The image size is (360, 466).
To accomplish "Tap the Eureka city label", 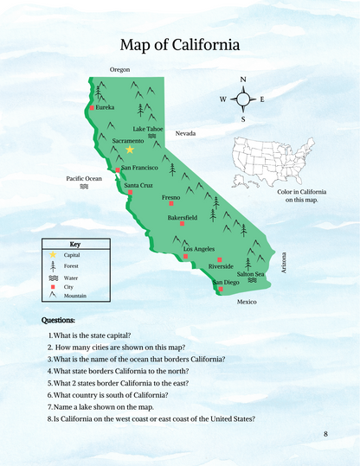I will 105,107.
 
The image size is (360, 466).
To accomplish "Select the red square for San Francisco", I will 118,170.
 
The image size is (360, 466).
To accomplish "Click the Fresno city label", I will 171,198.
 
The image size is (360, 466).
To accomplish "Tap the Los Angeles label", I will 198,249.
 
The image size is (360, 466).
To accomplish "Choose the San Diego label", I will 227,283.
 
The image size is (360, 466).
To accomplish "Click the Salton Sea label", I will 251,274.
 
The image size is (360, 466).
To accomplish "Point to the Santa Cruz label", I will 138,185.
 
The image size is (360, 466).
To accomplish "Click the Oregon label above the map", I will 119,69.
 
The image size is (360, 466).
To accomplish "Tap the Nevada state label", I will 186,134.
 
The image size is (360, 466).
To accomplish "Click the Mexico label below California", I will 247,302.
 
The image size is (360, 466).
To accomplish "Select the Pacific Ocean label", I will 84,178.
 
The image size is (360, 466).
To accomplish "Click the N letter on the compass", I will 243,80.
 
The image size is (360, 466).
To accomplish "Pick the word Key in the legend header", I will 75,244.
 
